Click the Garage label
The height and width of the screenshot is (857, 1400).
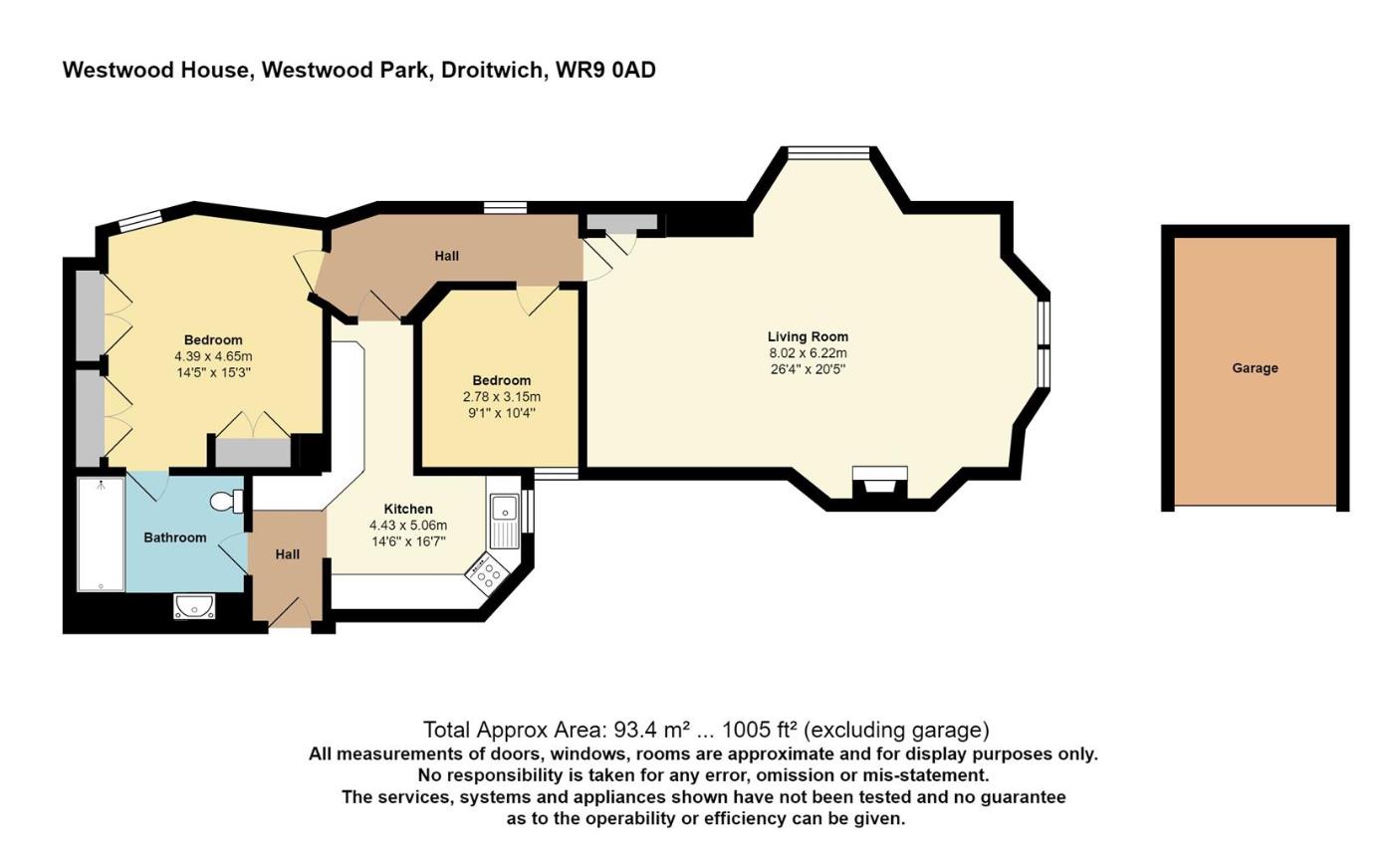tap(1255, 368)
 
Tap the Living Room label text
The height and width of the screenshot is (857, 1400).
tap(808, 336)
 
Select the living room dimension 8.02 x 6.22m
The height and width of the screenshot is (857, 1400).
tap(808, 352)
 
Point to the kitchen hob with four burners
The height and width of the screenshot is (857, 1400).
tap(488, 572)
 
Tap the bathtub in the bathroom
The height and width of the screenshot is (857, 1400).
tap(102, 534)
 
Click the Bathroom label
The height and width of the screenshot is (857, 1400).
tap(175, 537)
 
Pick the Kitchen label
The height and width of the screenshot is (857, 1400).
tap(408, 509)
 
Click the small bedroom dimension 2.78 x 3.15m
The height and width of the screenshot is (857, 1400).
tap(501, 396)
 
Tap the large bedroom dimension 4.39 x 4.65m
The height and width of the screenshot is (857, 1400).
tap(213, 356)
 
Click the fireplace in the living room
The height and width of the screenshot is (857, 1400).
tap(879, 486)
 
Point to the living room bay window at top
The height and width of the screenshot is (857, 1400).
tap(827, 152)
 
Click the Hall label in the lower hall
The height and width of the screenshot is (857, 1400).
tap(288, 554)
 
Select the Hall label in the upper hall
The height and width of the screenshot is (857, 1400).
tap(447, 256)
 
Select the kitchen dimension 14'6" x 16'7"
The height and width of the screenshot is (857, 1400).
tap(408, 541)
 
